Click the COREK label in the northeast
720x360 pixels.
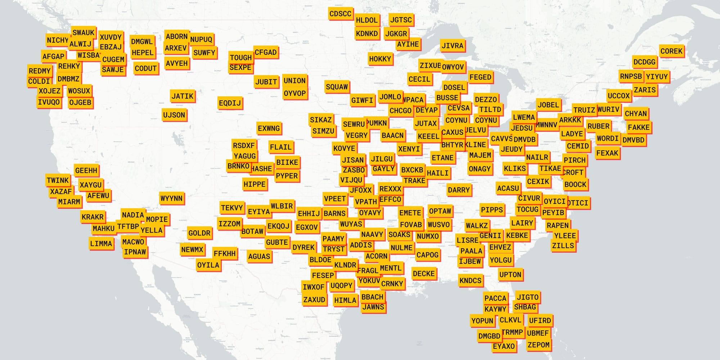671,51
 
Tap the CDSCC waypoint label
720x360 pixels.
340,14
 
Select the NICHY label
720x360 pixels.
57,40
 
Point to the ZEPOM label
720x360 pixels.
538,345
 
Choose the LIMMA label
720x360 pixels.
101,244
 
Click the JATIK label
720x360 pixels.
182,96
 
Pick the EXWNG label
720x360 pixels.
269,129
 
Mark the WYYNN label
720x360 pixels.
171,198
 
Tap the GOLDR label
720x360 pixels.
199,233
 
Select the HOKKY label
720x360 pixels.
380,59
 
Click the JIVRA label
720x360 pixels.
452,46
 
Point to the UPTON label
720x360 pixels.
510,275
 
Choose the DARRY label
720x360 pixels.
459,190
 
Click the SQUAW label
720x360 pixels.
337,87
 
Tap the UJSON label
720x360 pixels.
174,115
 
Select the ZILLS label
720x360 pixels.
563,246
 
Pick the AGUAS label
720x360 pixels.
259,257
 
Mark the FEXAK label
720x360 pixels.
607,153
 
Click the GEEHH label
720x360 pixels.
86,170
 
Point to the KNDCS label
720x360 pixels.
470,280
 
